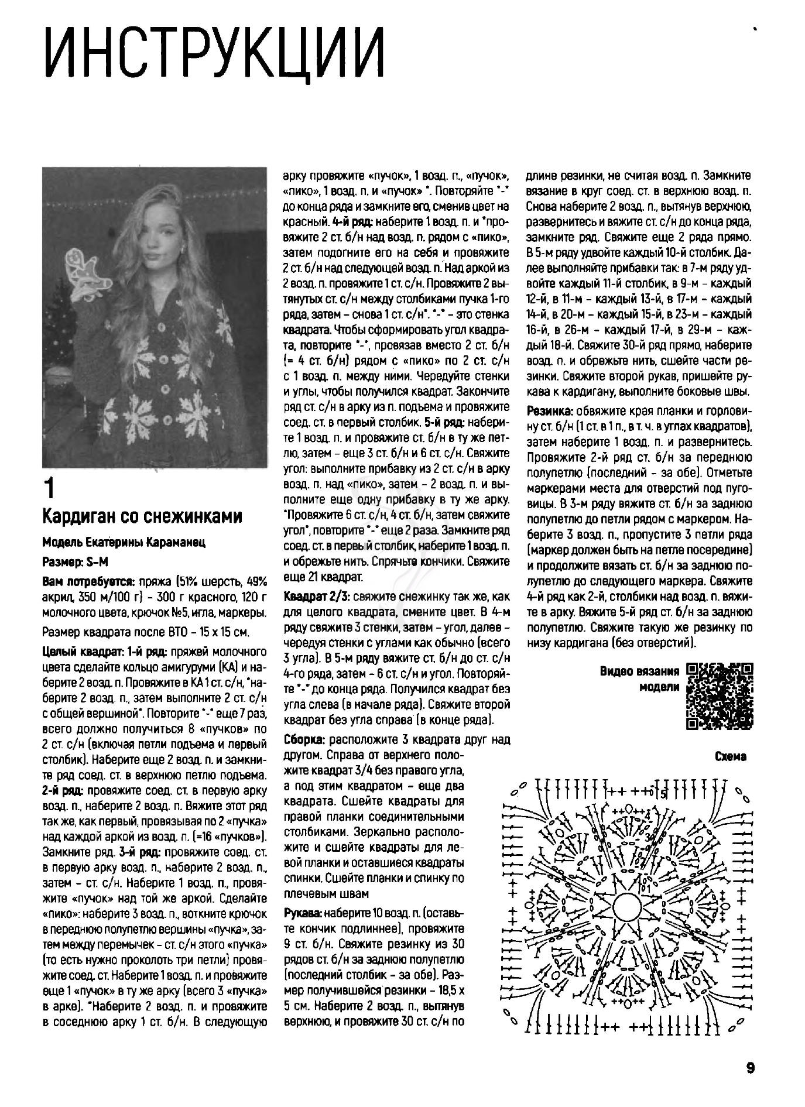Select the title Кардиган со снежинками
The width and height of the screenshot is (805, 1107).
pyautogui.click(x=142, y=517)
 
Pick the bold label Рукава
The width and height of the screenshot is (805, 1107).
pyautogui.click(x=303, y=913)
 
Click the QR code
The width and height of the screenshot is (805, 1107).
pyautogui.click(x=719, y=696)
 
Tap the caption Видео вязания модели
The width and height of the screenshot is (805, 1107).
pyautogui.click(x=640, y=679)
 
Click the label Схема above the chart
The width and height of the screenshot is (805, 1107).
pyautogui.click(x=731, y=757)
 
